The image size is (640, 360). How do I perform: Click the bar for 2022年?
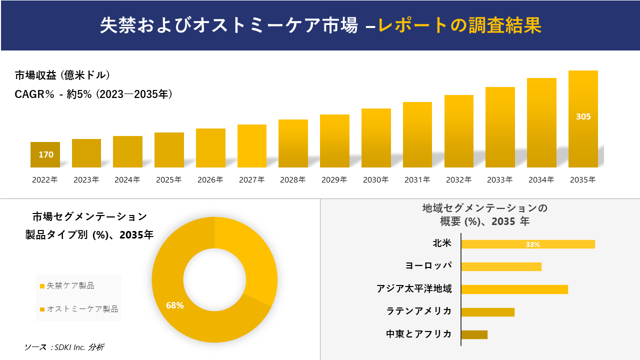[45, 154]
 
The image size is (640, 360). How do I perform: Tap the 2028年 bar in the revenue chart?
[293, 143]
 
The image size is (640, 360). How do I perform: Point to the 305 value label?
[583, 116]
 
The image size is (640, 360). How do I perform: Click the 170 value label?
[46, 154]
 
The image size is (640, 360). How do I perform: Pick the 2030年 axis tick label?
[376, 180]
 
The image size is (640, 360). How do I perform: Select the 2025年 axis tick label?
[169, 180]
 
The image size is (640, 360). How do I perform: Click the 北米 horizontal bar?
[527, 244]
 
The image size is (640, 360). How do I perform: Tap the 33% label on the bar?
[532, 244]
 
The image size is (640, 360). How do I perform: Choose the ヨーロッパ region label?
[428, 266]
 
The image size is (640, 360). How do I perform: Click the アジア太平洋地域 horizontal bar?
[514, 289]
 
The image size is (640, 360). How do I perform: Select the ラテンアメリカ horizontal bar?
[487, 312]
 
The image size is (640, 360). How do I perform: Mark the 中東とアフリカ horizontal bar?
[474, 334]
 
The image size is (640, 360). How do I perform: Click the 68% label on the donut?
[175, 305]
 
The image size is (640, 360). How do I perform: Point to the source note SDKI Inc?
[64, 347]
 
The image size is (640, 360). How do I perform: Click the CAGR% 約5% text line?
[94, 94]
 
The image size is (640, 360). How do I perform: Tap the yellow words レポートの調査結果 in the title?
[459, 25]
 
